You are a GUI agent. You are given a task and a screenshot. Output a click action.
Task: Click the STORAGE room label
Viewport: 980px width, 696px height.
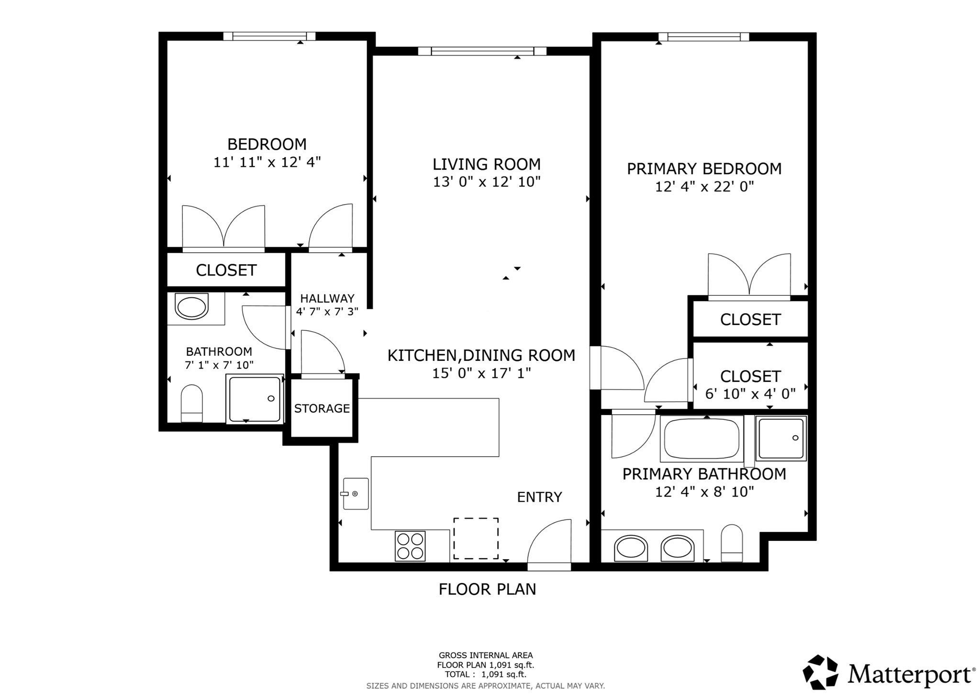[x=322, y=408]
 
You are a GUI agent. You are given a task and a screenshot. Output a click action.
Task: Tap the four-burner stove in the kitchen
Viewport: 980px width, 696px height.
[x=410, y=546]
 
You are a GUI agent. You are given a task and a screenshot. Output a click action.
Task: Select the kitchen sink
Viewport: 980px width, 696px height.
[x=356, y=494]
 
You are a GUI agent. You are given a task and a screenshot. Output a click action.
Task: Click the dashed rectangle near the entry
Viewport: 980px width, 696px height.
[x=476, y=538]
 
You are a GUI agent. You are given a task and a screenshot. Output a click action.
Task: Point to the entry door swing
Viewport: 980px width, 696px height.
[x=550, y=543]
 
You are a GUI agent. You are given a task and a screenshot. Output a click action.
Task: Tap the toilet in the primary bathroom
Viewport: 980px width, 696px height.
[x=732, y=543]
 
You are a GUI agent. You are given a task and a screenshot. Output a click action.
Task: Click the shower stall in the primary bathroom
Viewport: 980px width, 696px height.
[x=781, y=438]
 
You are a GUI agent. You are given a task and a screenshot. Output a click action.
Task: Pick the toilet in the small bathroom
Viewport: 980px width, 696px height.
[x=192, y=403]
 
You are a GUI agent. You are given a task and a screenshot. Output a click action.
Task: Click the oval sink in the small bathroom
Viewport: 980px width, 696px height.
[x=192, y=307]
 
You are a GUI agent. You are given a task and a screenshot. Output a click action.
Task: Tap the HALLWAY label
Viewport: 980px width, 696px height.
[x=327, y=298]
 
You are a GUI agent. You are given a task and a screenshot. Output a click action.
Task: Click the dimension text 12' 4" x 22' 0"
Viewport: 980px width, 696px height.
[x=704, y=187]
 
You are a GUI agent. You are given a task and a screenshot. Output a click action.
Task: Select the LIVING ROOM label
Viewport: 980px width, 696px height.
[x=486, y=164]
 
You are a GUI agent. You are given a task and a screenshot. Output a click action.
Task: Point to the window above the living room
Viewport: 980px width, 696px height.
[x=482, y=51]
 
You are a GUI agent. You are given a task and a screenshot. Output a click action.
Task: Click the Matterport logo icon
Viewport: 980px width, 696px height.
[x=820, y=672]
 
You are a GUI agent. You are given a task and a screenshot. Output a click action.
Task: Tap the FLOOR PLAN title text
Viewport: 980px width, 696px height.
[x=487, y=589]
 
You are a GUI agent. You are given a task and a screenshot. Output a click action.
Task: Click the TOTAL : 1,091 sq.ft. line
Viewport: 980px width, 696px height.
[x=485, y=674]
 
